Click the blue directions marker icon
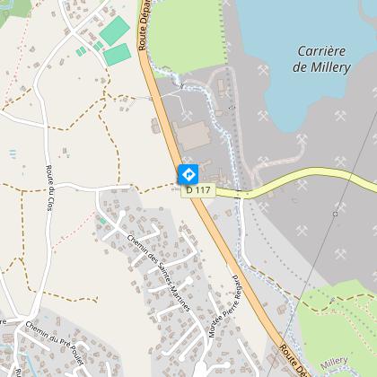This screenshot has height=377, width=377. click(188, 173)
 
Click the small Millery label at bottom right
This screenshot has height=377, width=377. click(335, 360)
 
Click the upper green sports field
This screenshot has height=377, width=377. click(114, 32)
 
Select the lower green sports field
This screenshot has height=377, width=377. click(117, 55)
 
